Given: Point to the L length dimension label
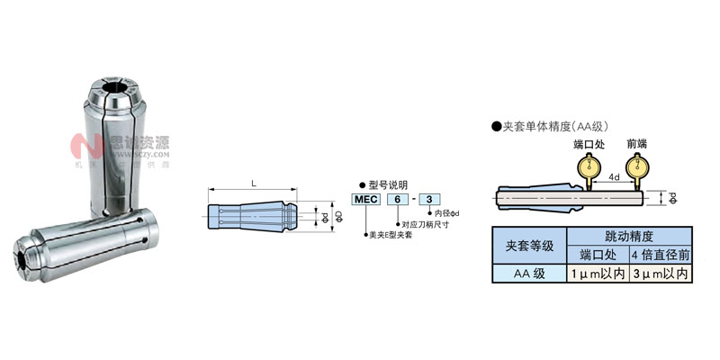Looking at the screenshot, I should click(x=254, y=183).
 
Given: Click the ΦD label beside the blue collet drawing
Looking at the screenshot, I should click(x=338, y=217).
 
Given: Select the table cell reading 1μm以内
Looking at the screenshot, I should click(x=598, y=273).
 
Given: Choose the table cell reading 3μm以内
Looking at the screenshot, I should click(x=662, y=273).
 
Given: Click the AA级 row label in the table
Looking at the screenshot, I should click(x=530, y=273).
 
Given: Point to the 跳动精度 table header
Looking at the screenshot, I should click(x=630, y=236).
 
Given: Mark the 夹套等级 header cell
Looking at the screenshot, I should click(x=530, y=245).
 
